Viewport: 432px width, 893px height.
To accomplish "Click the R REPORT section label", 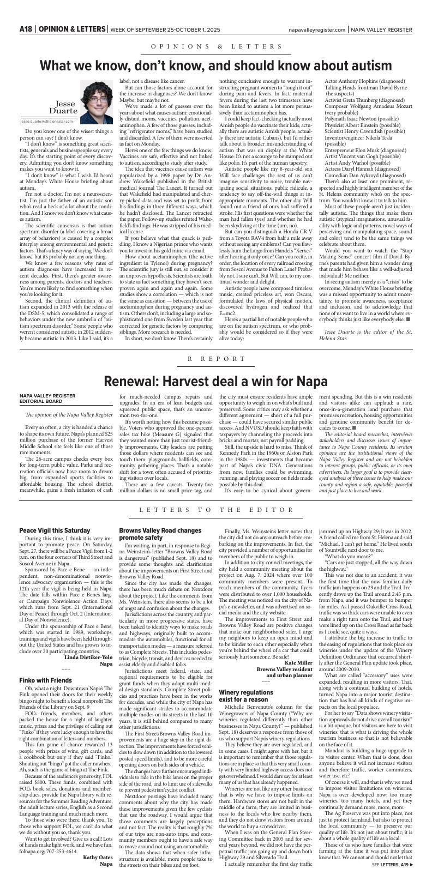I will pos(216,359).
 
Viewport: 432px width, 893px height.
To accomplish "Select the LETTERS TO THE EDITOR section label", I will pos(216,510).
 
